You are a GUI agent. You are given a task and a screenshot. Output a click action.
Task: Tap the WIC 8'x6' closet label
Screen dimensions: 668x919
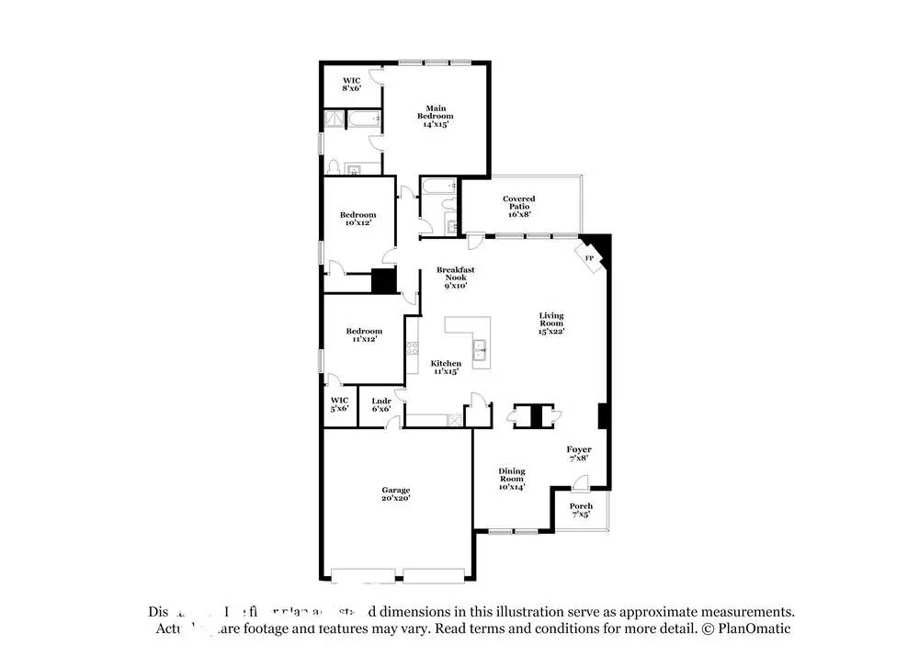(x=351, y=84)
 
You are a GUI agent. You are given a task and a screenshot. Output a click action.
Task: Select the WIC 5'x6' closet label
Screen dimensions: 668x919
(x=339, y=404)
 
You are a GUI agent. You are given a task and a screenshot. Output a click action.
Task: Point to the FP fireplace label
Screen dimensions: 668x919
(x=589, y=259)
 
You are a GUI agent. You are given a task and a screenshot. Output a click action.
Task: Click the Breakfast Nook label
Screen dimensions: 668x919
(x=455, y=277)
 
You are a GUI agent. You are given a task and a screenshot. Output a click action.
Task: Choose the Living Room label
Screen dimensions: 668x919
(x=551, y=323)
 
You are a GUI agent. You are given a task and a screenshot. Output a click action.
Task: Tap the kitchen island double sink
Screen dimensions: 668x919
(x=480, y=349)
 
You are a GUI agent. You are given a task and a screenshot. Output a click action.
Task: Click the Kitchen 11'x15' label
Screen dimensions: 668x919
(x=447, y=368)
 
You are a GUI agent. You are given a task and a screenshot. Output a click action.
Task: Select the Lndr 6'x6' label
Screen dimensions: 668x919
(x=381, y=404)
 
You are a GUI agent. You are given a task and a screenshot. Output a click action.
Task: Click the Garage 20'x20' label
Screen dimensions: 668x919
(x=396, y=493)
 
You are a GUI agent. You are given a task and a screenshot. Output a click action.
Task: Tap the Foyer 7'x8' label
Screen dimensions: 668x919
(x=579, y=453)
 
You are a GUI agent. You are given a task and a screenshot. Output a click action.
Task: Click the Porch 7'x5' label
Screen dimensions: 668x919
(x=581, y=510)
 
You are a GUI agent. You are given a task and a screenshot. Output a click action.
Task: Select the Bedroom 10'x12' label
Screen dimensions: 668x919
(x=357, y=218)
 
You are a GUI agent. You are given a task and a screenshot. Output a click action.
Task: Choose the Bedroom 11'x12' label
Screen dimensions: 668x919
(x=364, y=334)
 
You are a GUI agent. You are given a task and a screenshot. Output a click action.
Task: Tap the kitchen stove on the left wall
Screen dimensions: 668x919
(x=413, y=349)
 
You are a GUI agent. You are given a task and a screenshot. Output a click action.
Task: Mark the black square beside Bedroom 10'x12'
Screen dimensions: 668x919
(x=382, y=281)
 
